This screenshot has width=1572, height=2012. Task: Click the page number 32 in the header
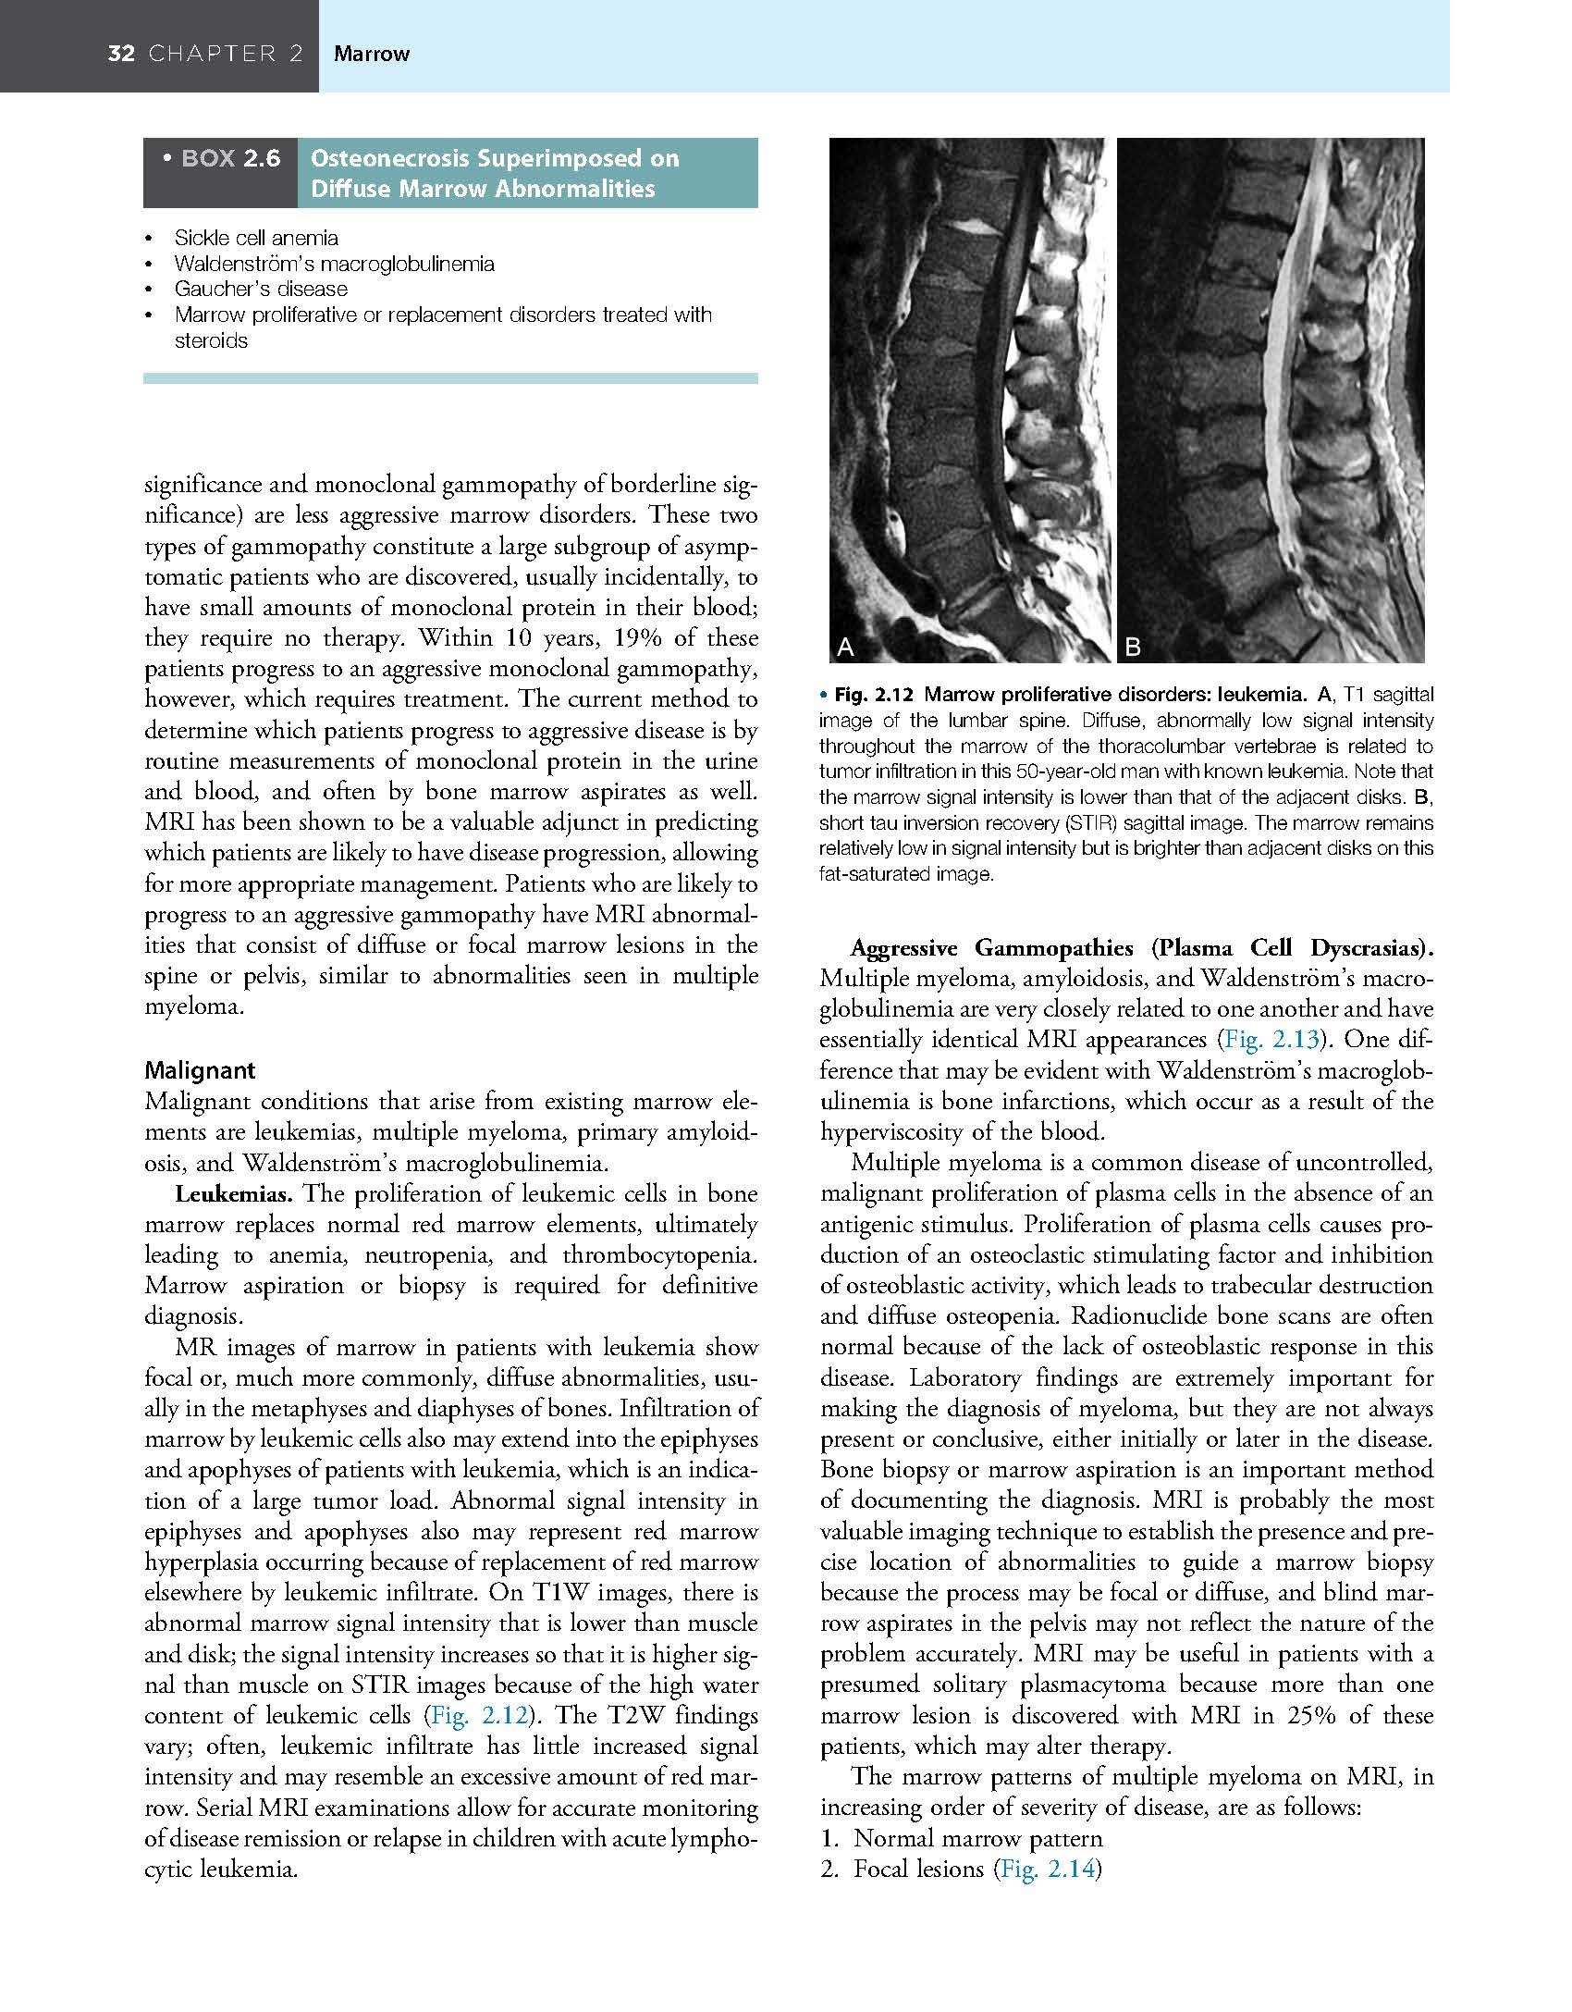pos(121,54)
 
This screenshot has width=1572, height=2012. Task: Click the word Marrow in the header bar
pos(372,54)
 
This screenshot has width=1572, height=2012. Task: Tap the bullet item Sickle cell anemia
pos(256,238)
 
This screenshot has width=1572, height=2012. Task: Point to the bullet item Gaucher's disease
pos(261,289)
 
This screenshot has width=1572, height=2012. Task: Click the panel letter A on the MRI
pos(844,648)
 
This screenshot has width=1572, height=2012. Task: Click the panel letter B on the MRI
pos(1133,648)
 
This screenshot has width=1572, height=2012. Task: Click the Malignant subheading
pos(200,1070)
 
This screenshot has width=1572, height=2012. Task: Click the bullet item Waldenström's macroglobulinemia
pos(334,264)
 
